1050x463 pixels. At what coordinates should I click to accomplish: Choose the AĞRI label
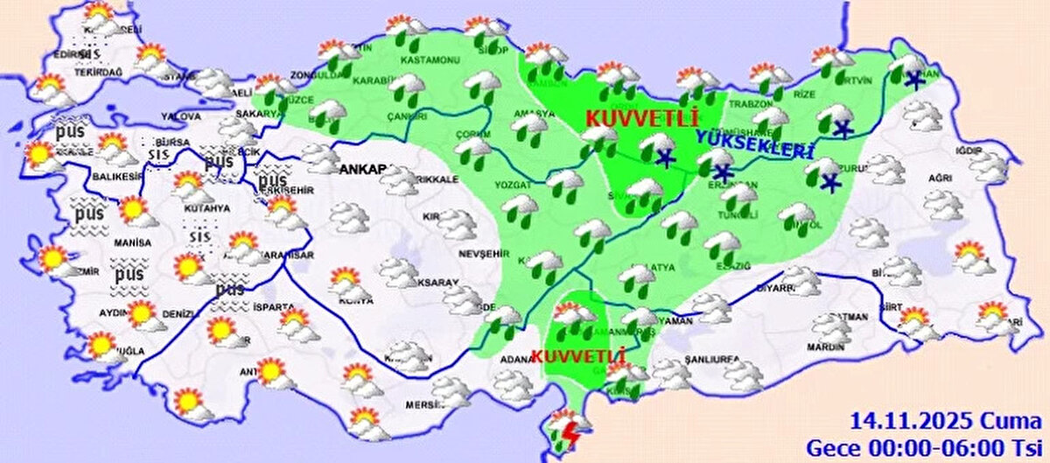[940, 179]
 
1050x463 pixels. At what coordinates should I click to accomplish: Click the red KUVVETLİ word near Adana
[577, 357]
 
